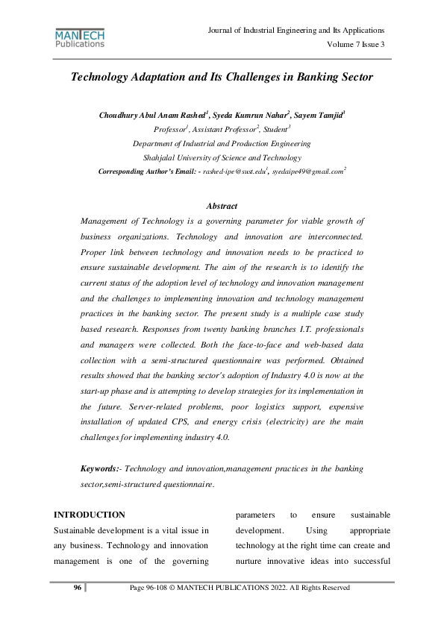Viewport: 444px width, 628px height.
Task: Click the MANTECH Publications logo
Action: click(x=80, y=38)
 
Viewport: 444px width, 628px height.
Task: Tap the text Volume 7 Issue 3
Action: click(x=356, y=45)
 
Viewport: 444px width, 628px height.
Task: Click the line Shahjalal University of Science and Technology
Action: click(x=222, y=157)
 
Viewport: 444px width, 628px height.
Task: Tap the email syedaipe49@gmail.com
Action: click(x=307, y=172)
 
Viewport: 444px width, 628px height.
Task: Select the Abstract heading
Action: click(x=221, y=206)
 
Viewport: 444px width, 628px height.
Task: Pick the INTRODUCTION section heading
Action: click(x=90, y=515)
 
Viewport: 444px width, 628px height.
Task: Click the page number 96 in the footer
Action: click(x=77, y=588)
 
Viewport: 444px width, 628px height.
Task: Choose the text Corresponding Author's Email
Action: click(x=147, y=172)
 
